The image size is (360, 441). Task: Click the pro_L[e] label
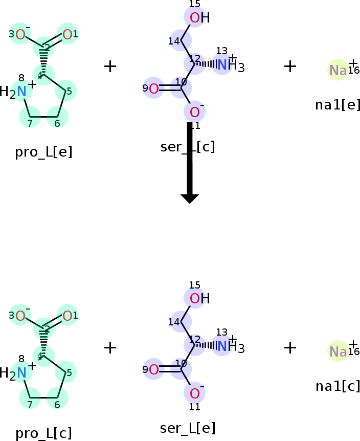43,152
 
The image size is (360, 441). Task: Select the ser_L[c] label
187,147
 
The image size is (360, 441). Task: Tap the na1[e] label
337,105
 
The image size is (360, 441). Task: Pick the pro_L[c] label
43,433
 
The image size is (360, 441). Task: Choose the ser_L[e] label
187,428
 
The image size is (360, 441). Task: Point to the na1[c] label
337,386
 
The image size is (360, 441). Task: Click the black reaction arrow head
190,198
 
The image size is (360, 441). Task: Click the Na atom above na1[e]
338,71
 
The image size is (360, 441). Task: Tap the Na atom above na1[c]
338,351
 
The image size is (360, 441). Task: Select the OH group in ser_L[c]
199,18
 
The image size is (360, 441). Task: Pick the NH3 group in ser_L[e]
230,347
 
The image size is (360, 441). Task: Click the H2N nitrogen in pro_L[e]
21,92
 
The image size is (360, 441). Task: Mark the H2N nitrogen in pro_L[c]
21,372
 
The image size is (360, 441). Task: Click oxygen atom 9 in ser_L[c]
153,89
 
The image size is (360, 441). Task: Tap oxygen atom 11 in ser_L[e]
195,393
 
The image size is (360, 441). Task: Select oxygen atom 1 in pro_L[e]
67,35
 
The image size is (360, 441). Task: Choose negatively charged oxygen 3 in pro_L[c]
20,316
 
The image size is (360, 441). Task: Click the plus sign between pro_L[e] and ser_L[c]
110,66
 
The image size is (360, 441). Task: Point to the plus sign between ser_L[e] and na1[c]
290,347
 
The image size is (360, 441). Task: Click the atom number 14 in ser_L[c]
174,41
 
